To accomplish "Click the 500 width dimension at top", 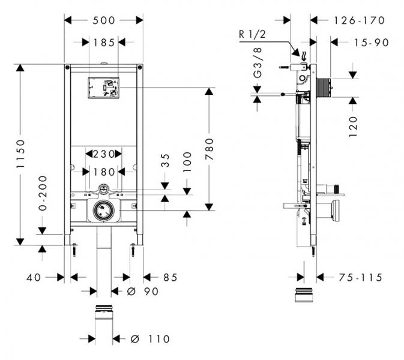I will (104, 20).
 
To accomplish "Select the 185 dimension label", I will (104, 42).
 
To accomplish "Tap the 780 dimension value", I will (209, 149).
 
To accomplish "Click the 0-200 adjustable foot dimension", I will (42, 194).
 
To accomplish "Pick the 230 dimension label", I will (104, 154).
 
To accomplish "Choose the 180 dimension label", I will (104, 172).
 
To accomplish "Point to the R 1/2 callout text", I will (250, 35).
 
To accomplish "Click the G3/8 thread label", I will (257, 66).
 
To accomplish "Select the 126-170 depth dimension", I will (359, 20).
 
